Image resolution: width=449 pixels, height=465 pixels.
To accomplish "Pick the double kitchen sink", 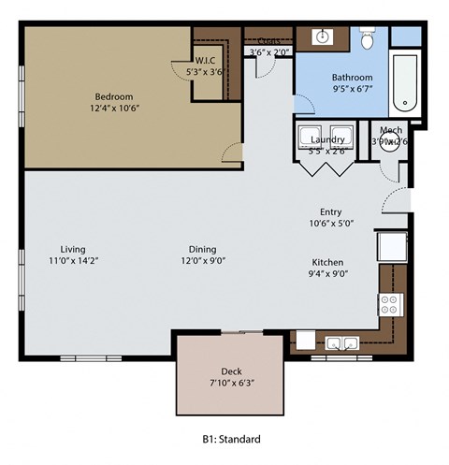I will click(x=340, y=342).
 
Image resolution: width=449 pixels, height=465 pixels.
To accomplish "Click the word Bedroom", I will click(x=114, y=96).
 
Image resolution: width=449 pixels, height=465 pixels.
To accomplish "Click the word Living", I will click(x=73, y=249).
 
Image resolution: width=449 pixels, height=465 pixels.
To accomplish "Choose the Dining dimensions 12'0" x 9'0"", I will click(x=202, y=262).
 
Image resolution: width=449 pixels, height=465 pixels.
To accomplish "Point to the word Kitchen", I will click(x=327, y=262).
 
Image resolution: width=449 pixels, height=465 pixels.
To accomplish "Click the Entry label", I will click(x=330, y=211).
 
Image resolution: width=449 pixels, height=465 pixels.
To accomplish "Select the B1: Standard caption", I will click(x=231, y=438).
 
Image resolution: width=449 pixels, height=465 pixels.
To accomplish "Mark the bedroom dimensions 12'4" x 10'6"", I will click(x=114, y=109).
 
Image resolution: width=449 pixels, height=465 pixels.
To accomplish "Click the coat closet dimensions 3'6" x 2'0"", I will click(x=268, y=52).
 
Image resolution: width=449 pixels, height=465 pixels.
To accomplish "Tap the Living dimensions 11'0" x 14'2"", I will click(x=73, y=262).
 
